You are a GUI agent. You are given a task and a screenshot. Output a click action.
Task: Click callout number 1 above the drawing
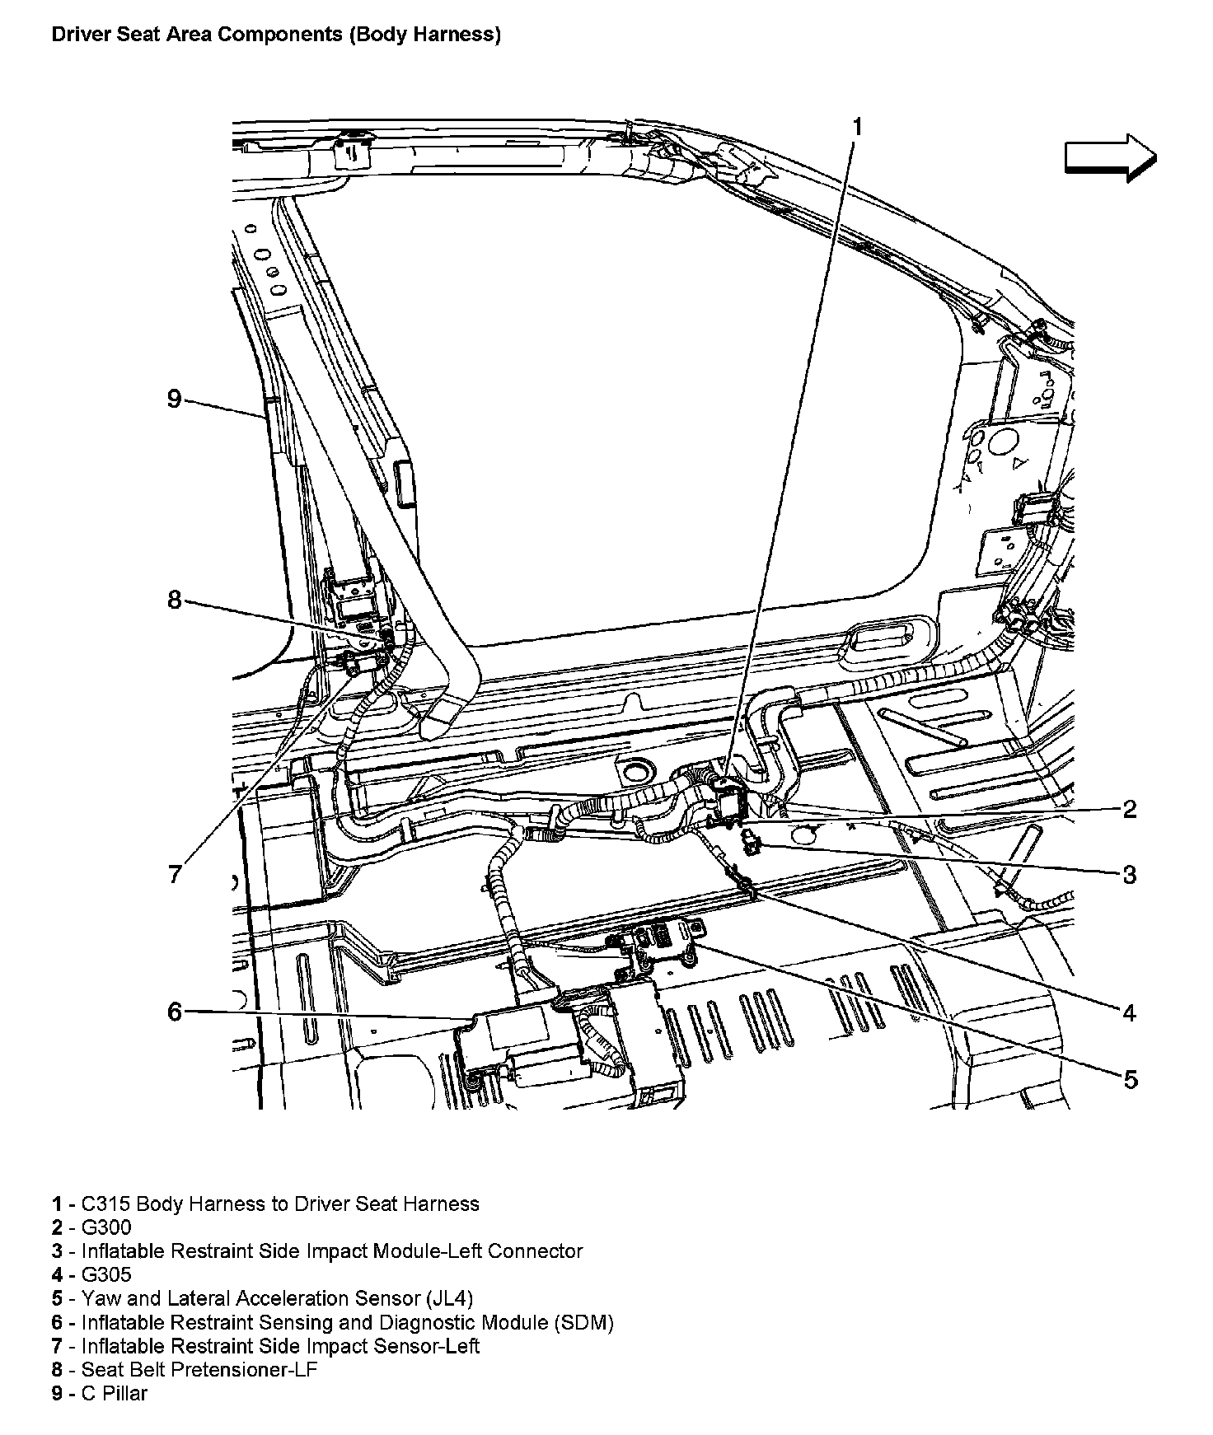pos(857,127)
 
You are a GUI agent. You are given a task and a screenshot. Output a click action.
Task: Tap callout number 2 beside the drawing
pos(1130,809)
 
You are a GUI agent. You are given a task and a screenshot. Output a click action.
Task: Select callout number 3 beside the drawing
pos(1130,874)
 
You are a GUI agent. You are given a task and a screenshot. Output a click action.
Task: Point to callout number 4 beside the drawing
pos(1130,1012)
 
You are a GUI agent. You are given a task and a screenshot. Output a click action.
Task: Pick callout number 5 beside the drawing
pos(1131,1078)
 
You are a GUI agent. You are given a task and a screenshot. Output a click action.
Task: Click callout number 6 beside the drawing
pos(174,1011)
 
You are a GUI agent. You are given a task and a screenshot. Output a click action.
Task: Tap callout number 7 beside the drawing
pos(174,874)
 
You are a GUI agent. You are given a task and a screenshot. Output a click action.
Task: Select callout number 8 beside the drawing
pos(174,600)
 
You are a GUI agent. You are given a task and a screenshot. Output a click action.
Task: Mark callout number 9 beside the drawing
pos(174,399)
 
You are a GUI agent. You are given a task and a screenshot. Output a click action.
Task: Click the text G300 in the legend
pos(106,1227)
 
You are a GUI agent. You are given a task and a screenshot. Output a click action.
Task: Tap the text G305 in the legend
pos(106,1275)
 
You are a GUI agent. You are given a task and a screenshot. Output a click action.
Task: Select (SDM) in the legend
pos(583,1323)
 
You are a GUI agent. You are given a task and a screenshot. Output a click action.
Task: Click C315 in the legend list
pos(105,1204)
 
